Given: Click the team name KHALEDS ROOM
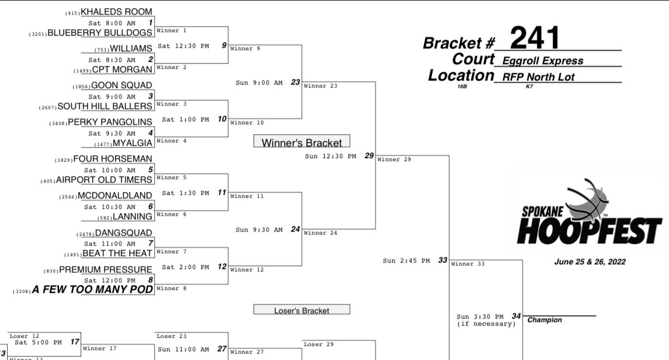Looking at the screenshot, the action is pyautogui.click(x=117, y=12).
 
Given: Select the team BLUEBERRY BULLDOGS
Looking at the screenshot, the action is pyautogui.click(x=100, y=33).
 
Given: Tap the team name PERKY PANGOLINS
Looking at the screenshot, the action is pyautogui.click(x=110, y=122).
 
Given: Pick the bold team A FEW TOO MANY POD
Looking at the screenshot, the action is pyautogui.click(x=92, y=289).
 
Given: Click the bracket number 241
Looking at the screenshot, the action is pyautogui.click(x=535, y=38).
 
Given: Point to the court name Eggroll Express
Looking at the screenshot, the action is pyautogui.click(x=543, y=61).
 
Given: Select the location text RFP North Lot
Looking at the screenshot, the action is pyautogui.click(x=538, y=77).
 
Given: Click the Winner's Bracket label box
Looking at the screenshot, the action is pyautogui.click(x=302, y=141).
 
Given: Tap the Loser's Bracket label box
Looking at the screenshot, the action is pyautogui.click(x=302, y=310).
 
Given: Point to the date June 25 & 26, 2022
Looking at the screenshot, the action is pyautogui.click(x=590, y=262).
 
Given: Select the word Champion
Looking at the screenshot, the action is pyautogui.click(x=545, y=320).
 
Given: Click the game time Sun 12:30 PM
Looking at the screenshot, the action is pyautogui.click(x=330, y=156).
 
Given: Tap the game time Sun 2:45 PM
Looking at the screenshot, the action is pyautogui.click(x=406, y=261).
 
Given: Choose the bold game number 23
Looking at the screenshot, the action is pyautogui.click(x=295, y=82).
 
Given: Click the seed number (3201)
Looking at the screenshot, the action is pyautogui.click(x=37, y=34).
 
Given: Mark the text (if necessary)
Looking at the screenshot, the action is pyautogui.click(x=486, y=324).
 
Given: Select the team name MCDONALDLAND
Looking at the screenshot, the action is pyautogui.click(x=115, y=196).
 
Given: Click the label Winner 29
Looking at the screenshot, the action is pyautogui.click(x=394, y=159).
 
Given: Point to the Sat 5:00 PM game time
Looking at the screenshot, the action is pyautogui.click(x=39, y=342).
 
